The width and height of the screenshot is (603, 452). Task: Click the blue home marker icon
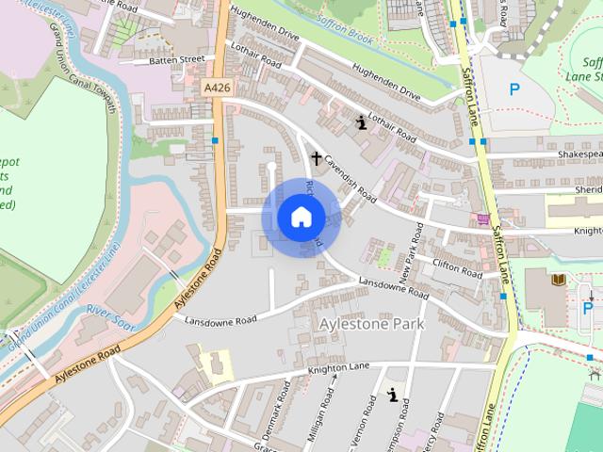tap(301, 218)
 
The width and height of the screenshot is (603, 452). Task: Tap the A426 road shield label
tap(216, 88)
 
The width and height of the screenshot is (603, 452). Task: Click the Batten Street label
tap(176, 59)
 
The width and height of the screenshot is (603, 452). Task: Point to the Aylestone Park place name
tap(372, 324)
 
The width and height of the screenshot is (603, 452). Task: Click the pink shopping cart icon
tap(483, 219)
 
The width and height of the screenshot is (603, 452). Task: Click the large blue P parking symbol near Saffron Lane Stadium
tap(514, 90)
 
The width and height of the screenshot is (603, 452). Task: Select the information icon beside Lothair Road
tap(360, 121)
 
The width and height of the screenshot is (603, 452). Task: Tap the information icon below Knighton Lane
tap(392, 396)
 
